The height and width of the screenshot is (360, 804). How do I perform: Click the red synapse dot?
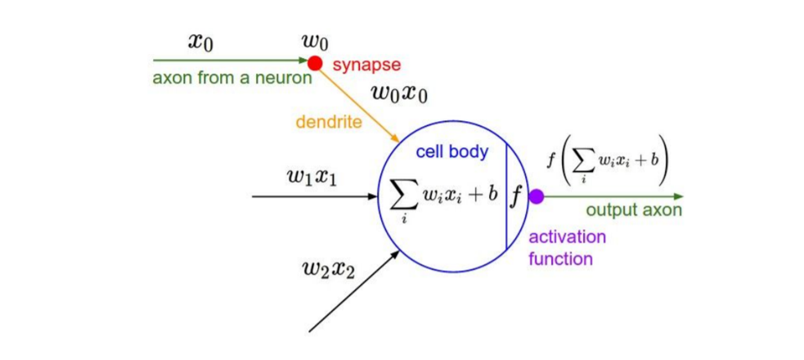[315, 61]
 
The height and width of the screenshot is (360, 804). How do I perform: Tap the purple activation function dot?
[536, 196]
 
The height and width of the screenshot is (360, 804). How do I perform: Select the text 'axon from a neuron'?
[232, 79]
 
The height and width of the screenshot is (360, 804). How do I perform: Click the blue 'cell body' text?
[451, 151]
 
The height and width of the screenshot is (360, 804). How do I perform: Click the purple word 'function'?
[559, 259]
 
